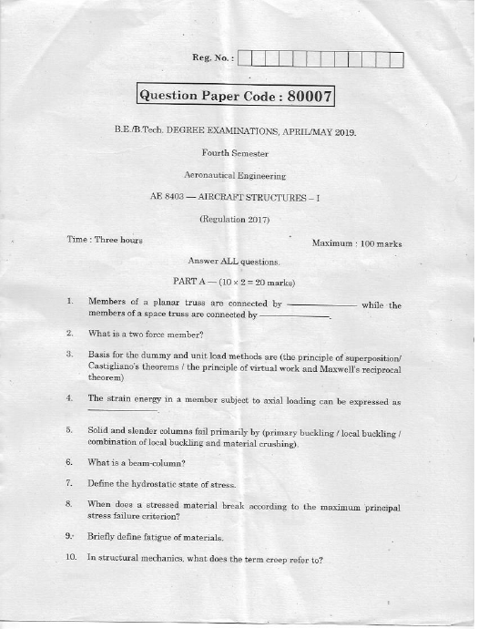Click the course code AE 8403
pos(168,196)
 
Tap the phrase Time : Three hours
pos(105,240)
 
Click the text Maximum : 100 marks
pos(357,243)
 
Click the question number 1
pos(69,301)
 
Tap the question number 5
pos(69,429)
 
